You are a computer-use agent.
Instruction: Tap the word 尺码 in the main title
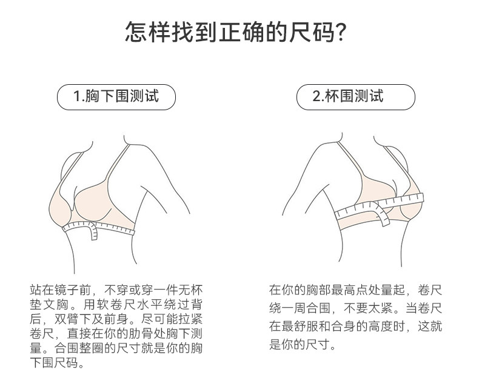(312, 31)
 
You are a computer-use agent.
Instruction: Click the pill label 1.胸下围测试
(116, 97)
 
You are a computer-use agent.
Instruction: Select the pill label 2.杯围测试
(356, 97)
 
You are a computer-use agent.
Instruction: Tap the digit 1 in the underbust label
(76, 96)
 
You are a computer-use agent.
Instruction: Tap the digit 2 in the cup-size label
(316, 96)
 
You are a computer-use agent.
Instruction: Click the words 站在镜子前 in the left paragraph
(61, 289)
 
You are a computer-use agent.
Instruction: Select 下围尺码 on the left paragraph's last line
(54, 363)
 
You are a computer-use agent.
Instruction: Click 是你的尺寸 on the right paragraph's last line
(300, 345)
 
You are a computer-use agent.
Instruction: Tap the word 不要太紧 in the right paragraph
(368, 308)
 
